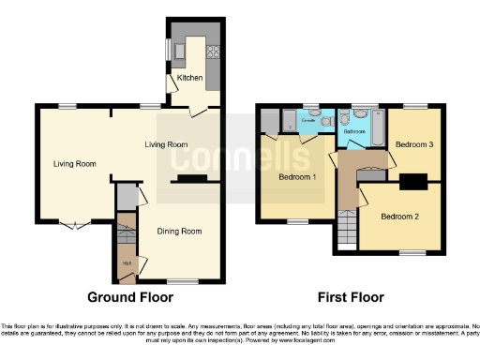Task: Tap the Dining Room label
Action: (178, 231)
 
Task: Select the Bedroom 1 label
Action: (297, 177)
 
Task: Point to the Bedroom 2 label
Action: (400, 217)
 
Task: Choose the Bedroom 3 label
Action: (413, 145)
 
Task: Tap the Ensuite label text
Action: (307, 123)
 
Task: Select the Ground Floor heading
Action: (130, 298)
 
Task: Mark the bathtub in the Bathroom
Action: (378, 129)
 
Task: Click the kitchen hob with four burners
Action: (213, 53)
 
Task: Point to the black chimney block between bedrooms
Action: (413, 182)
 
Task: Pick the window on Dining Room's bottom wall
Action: (182, 280)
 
